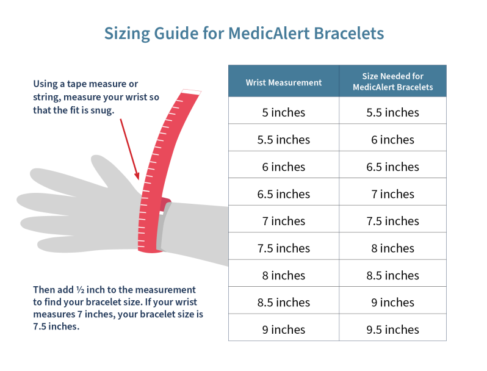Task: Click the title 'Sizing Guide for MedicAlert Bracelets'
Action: [243, 33]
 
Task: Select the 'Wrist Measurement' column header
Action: [283, 82]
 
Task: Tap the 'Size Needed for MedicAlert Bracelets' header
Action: [392, 82]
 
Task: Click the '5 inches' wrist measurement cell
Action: [283, 112]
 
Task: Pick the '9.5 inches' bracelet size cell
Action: [392, 330]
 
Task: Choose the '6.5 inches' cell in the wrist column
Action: [283, 194]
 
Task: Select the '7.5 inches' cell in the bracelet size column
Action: [392, 221]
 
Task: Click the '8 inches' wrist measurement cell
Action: [283, 275]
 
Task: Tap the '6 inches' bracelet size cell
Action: [392, 140]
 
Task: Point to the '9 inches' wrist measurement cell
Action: [283, 330]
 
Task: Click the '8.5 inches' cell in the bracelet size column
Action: [392, 275]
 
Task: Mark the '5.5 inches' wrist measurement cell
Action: [283, 140]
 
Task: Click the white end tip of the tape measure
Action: [191, 92]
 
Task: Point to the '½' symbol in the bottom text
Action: [79, 290]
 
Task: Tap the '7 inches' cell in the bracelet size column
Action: [392, 194]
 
